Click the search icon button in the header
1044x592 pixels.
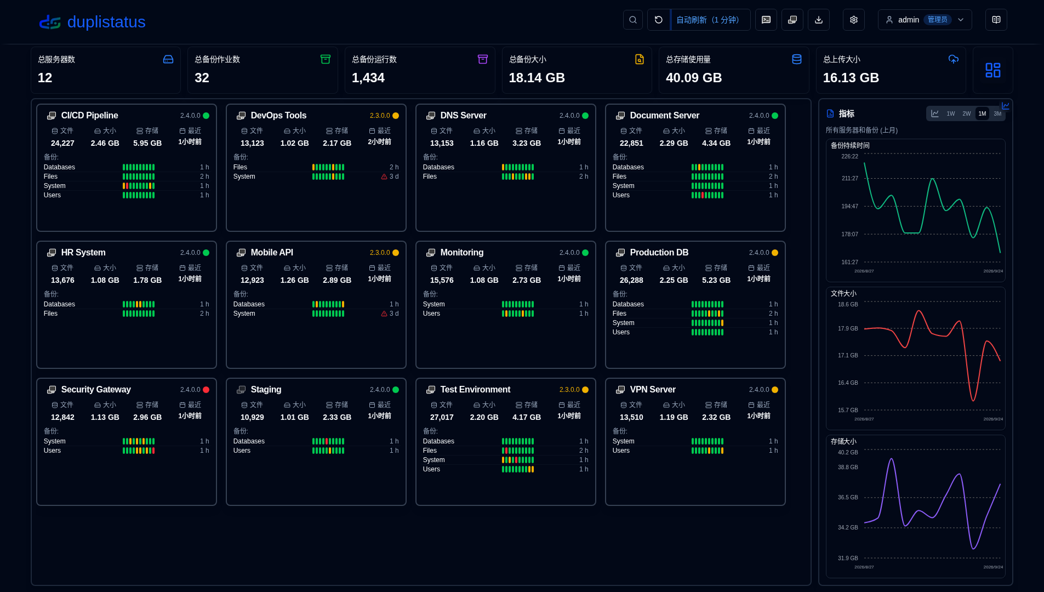(633, 20)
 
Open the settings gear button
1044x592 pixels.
(854, 20)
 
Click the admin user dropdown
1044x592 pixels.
(925, 20)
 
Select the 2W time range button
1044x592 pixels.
(966, 114)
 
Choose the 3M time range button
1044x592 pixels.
(997, 114)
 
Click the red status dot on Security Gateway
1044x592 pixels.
(206, 390)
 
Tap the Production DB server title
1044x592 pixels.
(659, 253)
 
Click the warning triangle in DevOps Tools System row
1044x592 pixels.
(384, 177)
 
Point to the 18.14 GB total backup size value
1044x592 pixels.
(537, 78)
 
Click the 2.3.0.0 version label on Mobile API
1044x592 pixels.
(380, 253)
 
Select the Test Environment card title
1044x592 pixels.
(475, 390)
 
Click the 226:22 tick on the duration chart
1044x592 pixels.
(849, 156)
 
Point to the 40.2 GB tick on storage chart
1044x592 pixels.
(848, 452)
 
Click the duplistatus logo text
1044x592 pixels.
(106, 22)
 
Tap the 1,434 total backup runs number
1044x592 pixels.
(368, 78)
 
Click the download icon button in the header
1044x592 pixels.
(819, 20)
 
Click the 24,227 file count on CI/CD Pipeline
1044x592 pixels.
(62, 143)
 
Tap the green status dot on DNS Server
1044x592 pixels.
(585, 116)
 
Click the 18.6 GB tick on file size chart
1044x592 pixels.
(848, 304)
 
